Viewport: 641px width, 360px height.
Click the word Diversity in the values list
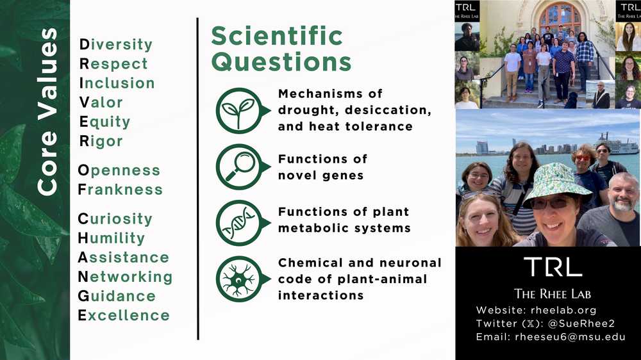pyautogui.click(x=115, y=45)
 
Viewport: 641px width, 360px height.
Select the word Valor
pyautogui.click(x=100, y=102)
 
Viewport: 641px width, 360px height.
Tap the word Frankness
pyautogui.click(x=120, y=190)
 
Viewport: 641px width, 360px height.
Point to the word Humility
pyautogui.click(x=111, y=238)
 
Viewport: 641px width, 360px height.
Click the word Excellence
pyautogui.click(x=124, y=315)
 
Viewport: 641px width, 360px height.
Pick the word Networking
pyautogui.click(x=125, y=277)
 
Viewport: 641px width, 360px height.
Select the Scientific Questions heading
pyautogui.click(x=281, y=49)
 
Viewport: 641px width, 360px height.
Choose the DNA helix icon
pyautogui.click(x=238, y=222)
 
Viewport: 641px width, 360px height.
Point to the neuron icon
pyautogui.click(x=238, y=279)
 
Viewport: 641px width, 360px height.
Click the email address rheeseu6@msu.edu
pyautogui.click(x=570, y=337)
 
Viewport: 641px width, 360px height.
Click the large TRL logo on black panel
pyautogui.click(x=553, y=267)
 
